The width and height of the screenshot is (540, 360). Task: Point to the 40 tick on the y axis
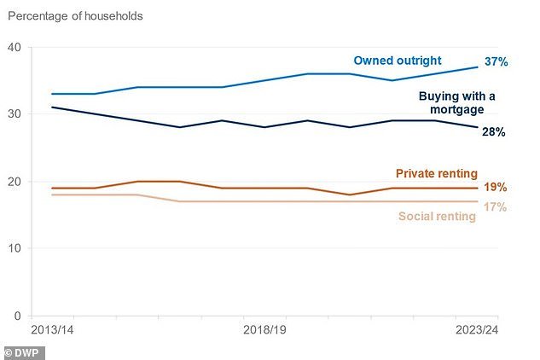[14, 47]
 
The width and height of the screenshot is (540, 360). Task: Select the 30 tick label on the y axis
[14, 114]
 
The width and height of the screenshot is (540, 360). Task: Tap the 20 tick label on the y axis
[14, 182]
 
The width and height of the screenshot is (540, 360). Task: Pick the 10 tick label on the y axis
[14, 248]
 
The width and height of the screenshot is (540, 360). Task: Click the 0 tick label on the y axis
[17, 316]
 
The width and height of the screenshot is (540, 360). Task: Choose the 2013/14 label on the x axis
[52, 329]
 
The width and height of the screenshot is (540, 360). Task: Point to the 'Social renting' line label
[437, 217]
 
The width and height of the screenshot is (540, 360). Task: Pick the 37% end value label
[497, 63]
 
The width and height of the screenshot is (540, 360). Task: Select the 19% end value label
[496, 187]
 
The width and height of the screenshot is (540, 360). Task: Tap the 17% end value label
[496, 206]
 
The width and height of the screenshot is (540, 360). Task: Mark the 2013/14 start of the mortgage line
[52, 107]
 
